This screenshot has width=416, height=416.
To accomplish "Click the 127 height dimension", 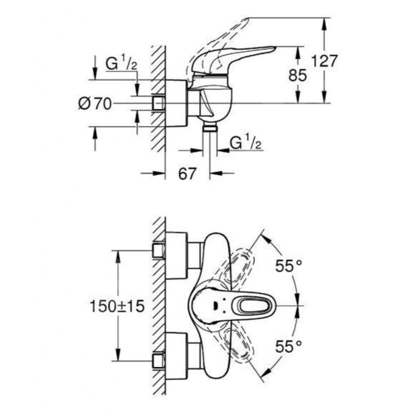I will [x=323, y=61].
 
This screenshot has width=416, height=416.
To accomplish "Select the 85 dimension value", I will [x=298, y=76].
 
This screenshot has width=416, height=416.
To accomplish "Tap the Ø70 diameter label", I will [x=95, y=103].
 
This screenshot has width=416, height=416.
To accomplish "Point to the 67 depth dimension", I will [x=187, y=174].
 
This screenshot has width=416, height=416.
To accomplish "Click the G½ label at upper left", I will [x=121, y=64].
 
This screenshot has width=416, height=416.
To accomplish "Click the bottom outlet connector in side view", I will [x=210, y=127].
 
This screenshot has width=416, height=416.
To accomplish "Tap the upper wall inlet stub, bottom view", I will [x=158, y=251].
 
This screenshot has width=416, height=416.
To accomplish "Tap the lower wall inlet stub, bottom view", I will [x=158, y=360].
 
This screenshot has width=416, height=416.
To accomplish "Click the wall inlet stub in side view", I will [x=158, y=103].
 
